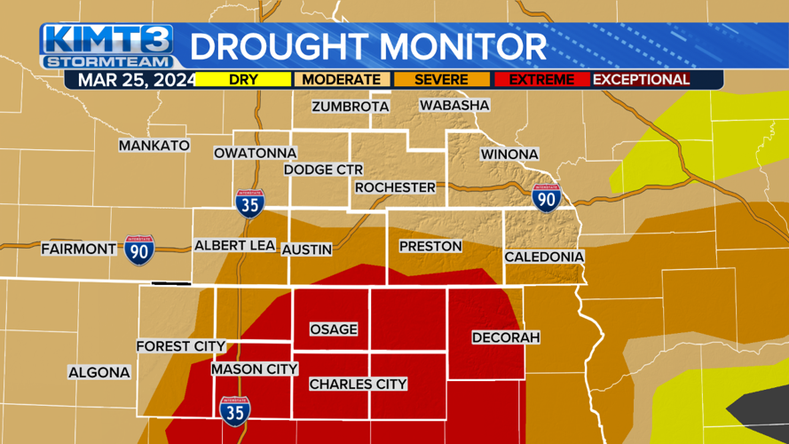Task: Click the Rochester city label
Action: pyautogui.click(x=395, y=187)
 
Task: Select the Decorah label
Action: pyautogui.click(x=506, y=337)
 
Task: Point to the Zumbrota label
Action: pyautogui.click(x=351, y=107)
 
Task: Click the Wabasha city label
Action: pyautogui.click(x=454, y=105)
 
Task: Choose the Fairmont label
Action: pyautogui.click(x=79, y=250)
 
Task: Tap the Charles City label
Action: pyautogui.click(x=358, y=385)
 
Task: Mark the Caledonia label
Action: pyautogui.click(x=544, y=257)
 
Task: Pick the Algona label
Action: pyautogui.click(x=99, y=373)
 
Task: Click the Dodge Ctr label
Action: pyautogui.click(x=323, y=170)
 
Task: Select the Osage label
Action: pyautogui.click(x=334, y=329)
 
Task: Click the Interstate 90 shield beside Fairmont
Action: pyautogui.click(x=139, y=250)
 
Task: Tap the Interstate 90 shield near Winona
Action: pyautogui.click(x=546, y=198)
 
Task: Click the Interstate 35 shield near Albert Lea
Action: pyautogui.click(x=249, y=203)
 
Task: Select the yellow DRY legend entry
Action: pyautogui.click(x=243, y=80)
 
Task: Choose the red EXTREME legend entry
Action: pyautogui.click(x=540, y=80)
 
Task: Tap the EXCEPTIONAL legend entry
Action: pyautogui.click(x=641, y=80)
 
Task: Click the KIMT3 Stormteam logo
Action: pyautogui.click(x=107, y=46)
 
